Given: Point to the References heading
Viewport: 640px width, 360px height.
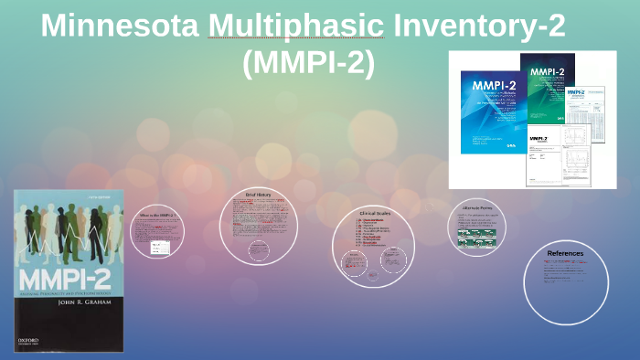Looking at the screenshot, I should pos(565,253).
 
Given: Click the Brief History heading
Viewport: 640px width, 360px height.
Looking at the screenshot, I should pos(259,195).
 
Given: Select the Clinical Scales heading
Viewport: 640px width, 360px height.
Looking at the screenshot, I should pos(374,215).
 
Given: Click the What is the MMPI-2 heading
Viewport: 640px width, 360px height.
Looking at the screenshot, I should pos(156,216).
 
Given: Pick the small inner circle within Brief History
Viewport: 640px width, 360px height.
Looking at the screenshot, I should pos(260,249).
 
